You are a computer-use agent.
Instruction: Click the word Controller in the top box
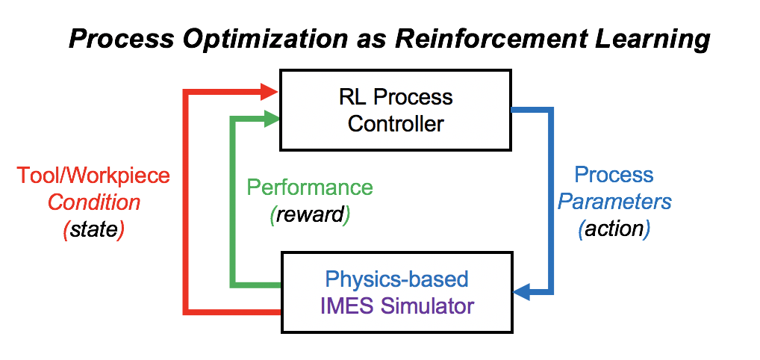point(396,123)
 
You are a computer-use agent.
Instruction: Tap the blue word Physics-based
point(397,280)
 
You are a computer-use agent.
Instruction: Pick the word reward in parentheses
point(310,215)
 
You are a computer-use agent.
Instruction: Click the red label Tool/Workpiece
point(93,176)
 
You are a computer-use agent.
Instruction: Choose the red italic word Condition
point(94,202)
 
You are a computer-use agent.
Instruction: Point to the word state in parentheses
point(93,230)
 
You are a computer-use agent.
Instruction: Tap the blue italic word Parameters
point(614,202)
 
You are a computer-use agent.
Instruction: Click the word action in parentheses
point(614,229)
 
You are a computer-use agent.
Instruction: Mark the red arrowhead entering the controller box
point(269,91)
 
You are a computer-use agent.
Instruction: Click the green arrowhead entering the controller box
point(272,119)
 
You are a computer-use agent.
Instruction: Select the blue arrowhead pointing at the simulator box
point(522,292)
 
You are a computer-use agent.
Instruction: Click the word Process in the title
point(121,40)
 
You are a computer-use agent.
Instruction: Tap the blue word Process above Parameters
point(614,175)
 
